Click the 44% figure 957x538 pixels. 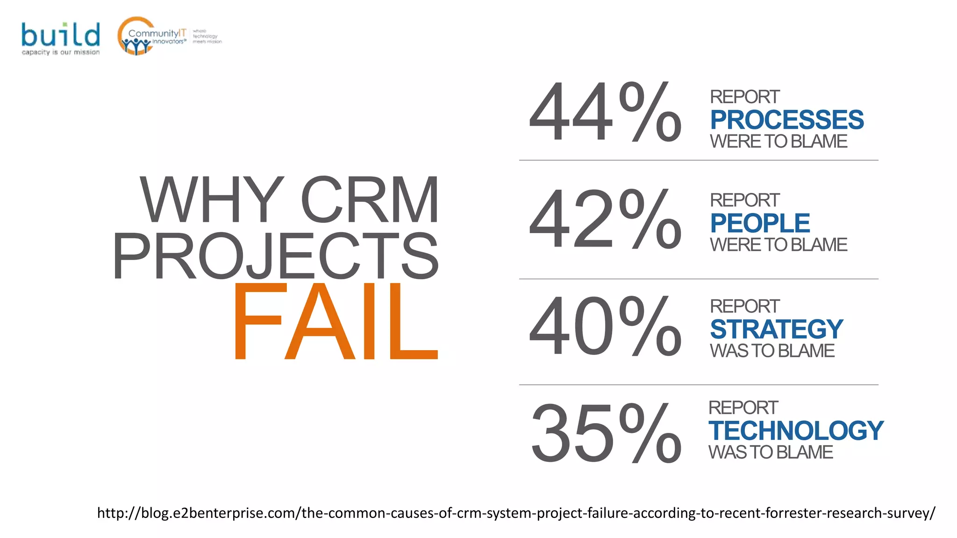pos(605,112)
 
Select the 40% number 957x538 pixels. pos(605,326)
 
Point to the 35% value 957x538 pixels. pos(606,433)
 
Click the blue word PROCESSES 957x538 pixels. pos(787,120)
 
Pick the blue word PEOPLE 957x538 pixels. pos(760,223)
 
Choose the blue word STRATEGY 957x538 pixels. pos(776,329)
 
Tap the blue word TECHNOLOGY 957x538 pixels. pos(796,431)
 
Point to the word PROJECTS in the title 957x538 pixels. pos(276,256)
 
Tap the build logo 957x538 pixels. pos(61,35)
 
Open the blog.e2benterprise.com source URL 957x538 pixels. pos(516,513)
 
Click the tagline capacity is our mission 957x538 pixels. pos(61,52)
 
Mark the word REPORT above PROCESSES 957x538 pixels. pos(744,97)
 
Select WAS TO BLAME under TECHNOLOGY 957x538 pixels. pos(771,452)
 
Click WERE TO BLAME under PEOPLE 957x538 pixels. pos(778,245)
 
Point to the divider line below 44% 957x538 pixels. pos(699,160)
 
